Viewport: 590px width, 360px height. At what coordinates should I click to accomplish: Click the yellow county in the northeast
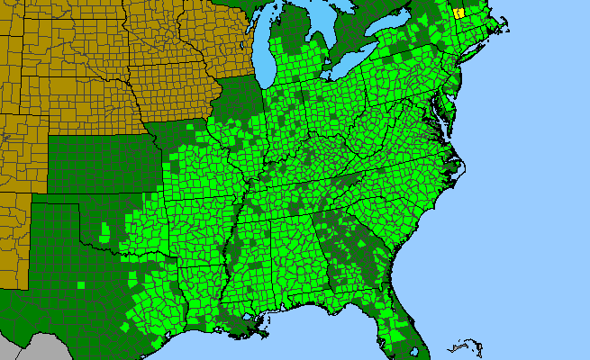[458, 13]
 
